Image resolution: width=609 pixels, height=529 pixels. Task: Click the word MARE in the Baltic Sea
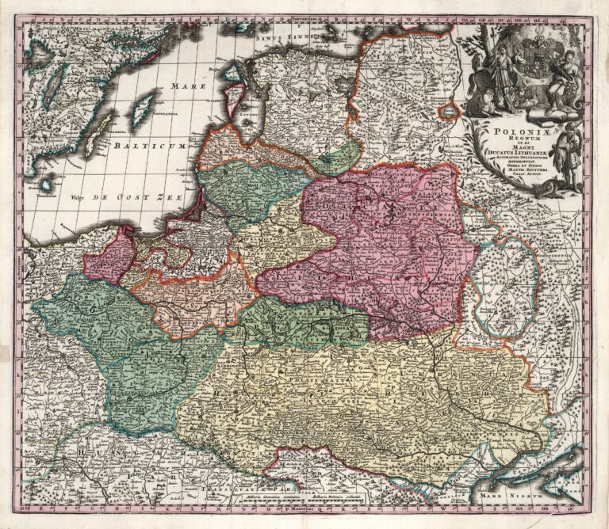pos(190,85)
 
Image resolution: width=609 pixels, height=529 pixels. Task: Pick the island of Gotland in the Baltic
pos(143,108)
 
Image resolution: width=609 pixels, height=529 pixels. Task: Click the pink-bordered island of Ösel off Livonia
pos(211,99)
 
